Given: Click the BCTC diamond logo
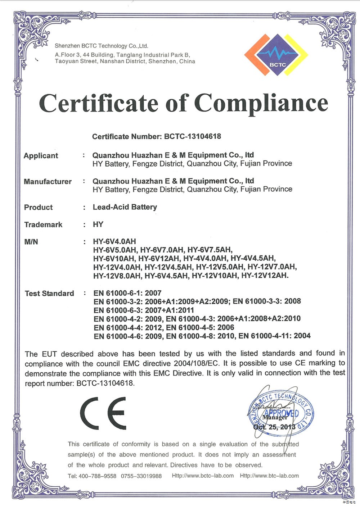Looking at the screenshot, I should click(x=276, y=55).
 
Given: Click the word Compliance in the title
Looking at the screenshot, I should click(x=261, y=103).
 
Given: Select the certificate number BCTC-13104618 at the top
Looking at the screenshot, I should click(x=193, y=136).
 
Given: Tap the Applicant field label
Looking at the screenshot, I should click(x=41, y=156).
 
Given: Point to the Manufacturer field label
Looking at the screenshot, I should click(x=48, y=182).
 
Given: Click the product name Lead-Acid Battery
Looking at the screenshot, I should click(x=125, y=207).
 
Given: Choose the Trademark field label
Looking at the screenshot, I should click(x=43, y=225).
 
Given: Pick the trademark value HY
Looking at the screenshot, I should click(x=98, y=224).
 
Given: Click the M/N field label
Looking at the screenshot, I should click(x=31, y=242).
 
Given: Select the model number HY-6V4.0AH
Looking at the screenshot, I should click(x=114, y=241).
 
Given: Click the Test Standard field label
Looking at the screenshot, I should click(x=49, y=294).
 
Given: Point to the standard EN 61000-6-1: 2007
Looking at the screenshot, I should click(x=127, y=293).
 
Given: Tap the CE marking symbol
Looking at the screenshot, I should click(x=103, y=413).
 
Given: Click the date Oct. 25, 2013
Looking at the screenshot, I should click(x=274, y=427).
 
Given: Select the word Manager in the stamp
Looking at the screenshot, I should click(x=275, y=418).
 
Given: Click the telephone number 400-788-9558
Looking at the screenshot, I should click(x=97, y=476).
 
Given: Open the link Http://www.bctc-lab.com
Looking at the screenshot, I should click(x=203, y=476).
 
